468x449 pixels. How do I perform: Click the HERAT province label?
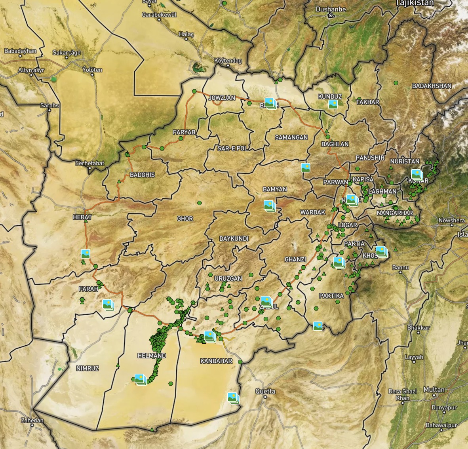tap(82, 217)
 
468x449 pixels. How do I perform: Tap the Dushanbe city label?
tap(331, 9)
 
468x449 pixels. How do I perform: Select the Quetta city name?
tap(265, 391)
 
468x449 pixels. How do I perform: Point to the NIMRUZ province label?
tap(88, 368)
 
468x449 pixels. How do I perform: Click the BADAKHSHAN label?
tap(432, 86)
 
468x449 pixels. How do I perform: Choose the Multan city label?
tap(434, 390)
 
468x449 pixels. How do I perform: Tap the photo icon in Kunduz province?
tap(333, 104)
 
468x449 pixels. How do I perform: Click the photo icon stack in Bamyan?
tap(270, 205)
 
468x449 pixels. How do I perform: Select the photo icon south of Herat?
tap(86, 253)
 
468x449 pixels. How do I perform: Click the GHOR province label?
tap(185, 219)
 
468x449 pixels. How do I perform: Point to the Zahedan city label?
tap(32, 420)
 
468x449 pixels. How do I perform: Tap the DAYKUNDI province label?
tap(234, 239)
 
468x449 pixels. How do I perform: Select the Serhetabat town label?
tap(90, 163)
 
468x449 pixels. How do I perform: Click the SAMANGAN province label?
tap(291, 137)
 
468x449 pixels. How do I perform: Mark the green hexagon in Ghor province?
tap(200, 203)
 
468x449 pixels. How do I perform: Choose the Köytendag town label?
tap(228, 61)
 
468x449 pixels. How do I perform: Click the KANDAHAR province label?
tap(216, 361)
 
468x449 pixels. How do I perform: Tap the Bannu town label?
tap(400, 267)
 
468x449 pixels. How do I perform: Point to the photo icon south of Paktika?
tap(317, 326)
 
